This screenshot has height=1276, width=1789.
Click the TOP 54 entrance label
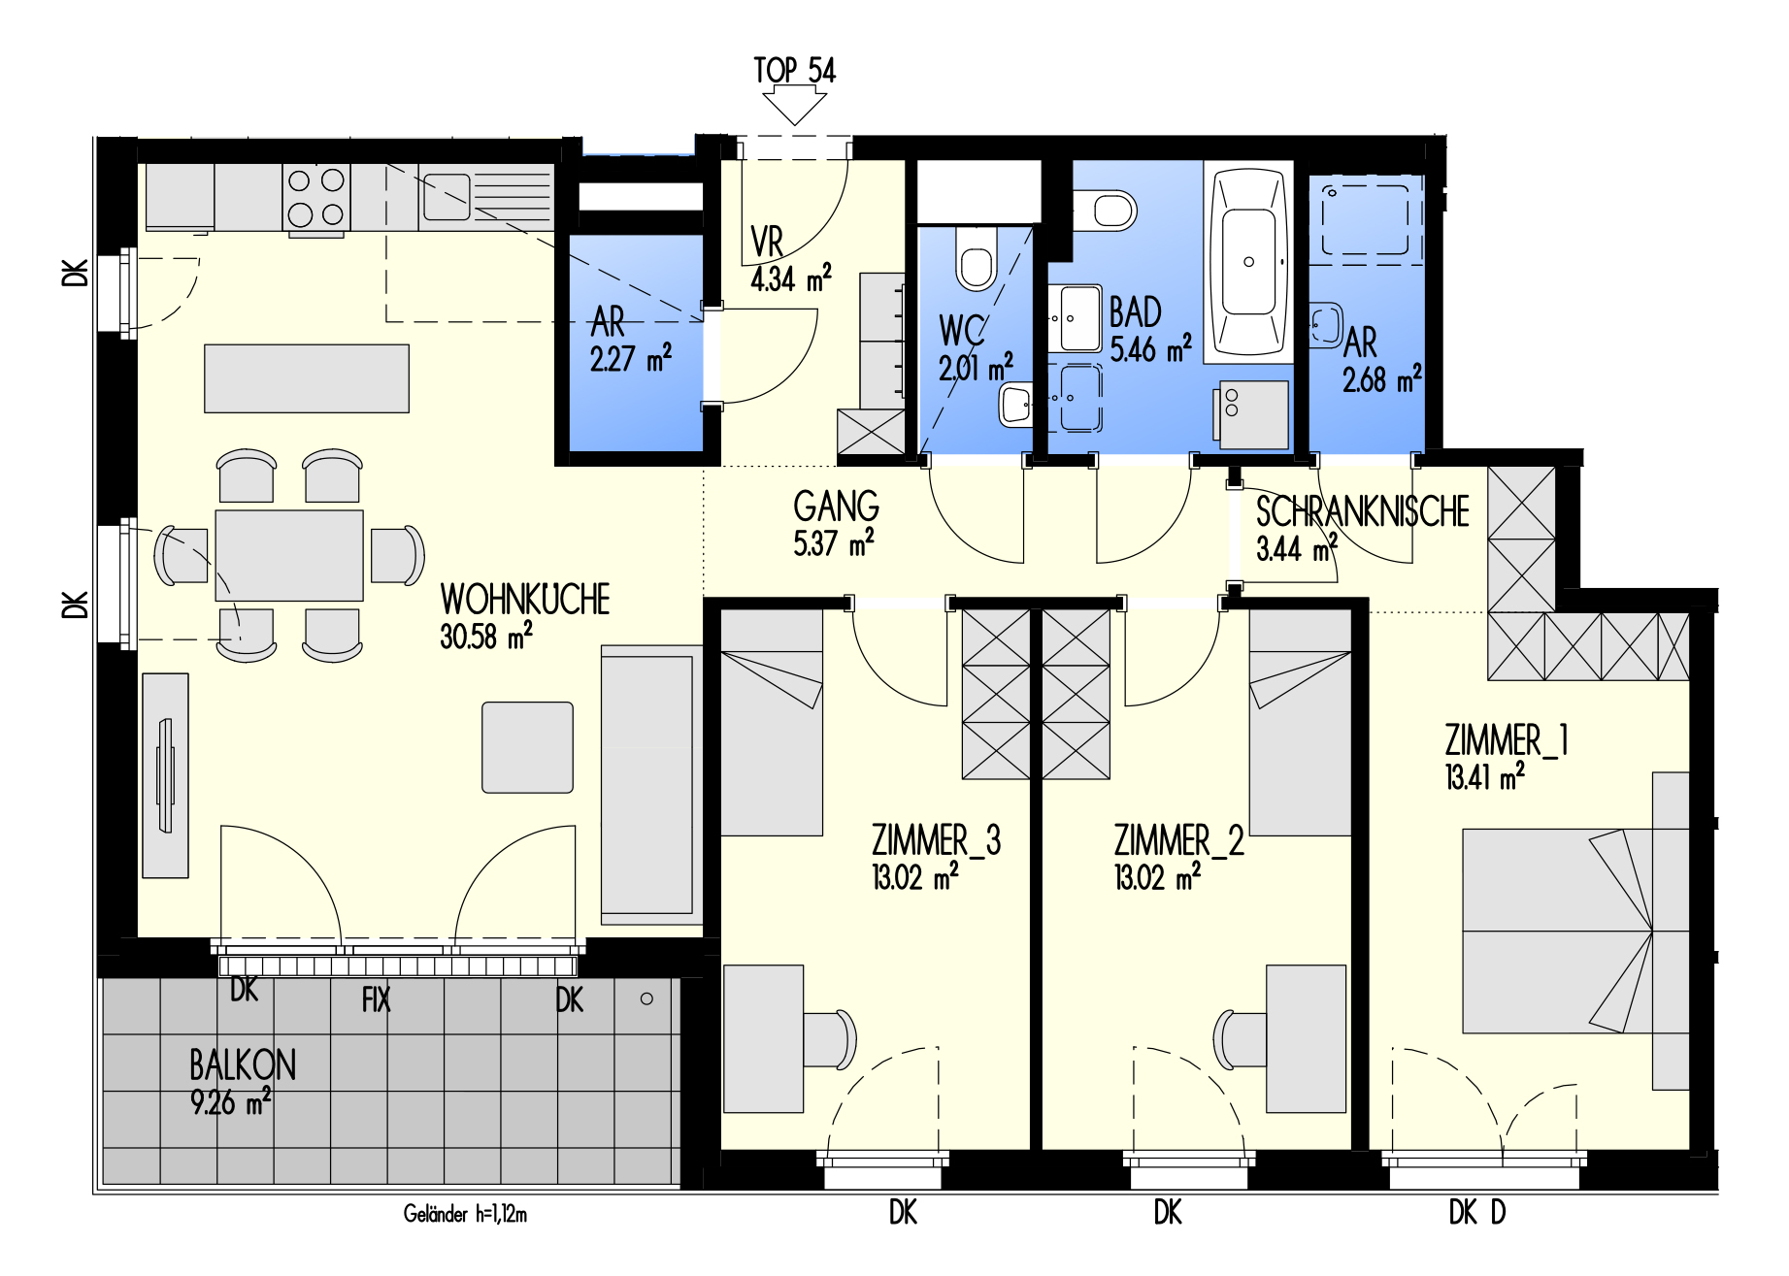point(794,70)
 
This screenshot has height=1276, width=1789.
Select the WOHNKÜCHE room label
point(525,600)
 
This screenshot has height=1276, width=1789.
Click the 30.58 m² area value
point(486,636)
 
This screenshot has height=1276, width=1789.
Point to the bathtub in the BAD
point(1248,262)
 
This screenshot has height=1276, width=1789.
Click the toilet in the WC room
point(976,257)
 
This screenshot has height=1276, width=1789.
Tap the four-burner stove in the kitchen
point(316,197)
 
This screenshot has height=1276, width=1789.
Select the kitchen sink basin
point(447,197)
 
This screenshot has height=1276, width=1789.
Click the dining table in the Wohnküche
point(289,556)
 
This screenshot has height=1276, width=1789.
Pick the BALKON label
point(243,1065)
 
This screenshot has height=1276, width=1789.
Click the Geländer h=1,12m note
point(465,1214)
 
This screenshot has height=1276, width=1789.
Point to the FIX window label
point(376,999)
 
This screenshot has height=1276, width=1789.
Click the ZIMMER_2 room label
point(1178,840)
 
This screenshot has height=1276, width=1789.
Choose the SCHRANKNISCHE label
point(1363,512)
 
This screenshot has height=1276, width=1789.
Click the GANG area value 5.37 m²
point(834,543)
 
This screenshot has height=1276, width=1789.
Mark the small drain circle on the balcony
point(646,998)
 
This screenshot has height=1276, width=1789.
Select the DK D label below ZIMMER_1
point(1477,1212)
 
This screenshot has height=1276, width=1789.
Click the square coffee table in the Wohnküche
point(527,747)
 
